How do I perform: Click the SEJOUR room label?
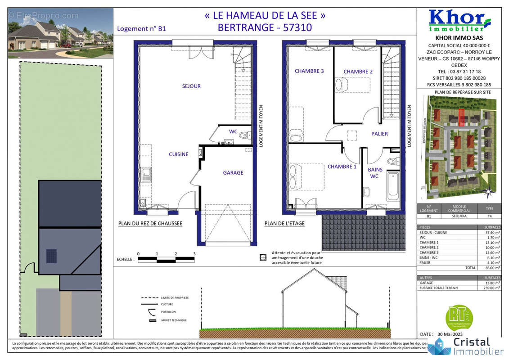click(191, 86)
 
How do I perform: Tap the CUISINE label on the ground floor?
click(179, 154)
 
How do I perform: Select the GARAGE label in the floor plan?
click(233, 173)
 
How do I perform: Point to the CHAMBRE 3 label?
click(309, 71)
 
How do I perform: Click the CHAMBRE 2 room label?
click(358, 72)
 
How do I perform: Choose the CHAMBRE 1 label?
click(342, 166)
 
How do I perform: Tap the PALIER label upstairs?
click(379, 134)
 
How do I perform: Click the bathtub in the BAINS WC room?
click(393, 185)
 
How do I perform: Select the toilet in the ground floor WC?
click(245, 135)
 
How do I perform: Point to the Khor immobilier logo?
click(459, 20)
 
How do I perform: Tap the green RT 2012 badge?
click(458, 316)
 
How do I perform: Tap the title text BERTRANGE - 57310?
click(265, 27)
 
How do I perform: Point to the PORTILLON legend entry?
click(168, 312)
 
